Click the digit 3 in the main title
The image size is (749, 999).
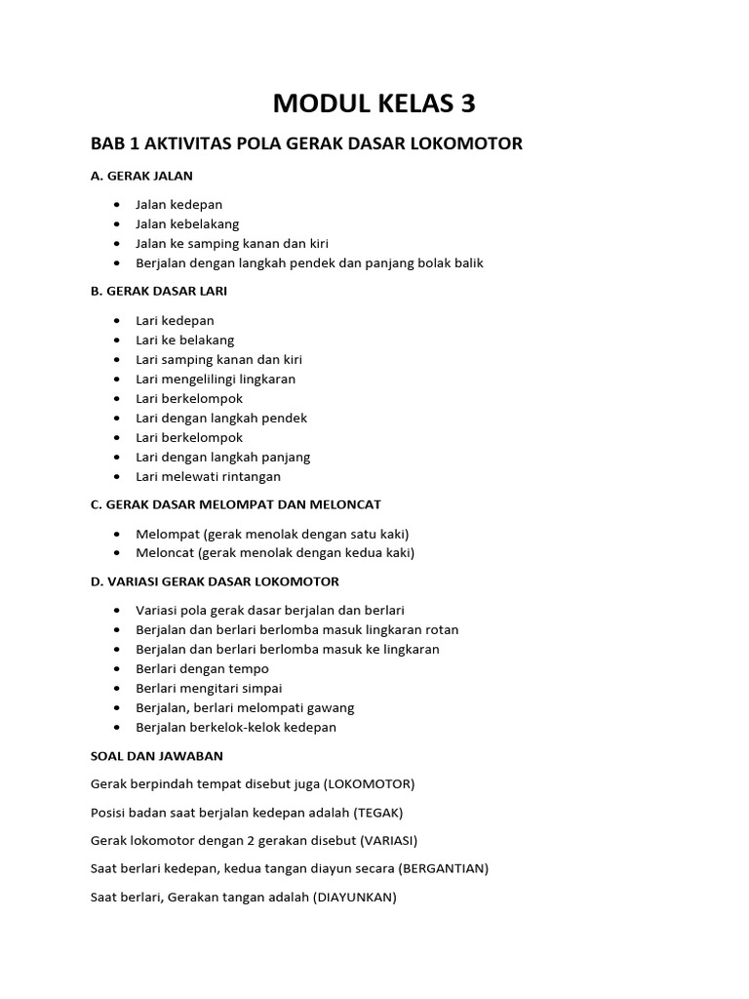tap(465, 102)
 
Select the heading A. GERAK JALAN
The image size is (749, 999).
tap(141, 176)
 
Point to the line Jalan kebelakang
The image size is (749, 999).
tap(186, 223)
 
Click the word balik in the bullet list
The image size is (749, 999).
tap(466, 262)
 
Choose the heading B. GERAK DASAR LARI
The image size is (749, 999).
tap(159, 291)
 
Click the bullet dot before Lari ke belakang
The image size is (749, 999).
tap(117, 340)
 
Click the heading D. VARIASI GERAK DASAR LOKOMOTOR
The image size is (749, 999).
tap(215, 581)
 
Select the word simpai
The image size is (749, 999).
tap(260, 688)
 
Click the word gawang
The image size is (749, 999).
tap(330, 707)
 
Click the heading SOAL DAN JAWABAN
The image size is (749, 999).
tap(156, 755)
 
